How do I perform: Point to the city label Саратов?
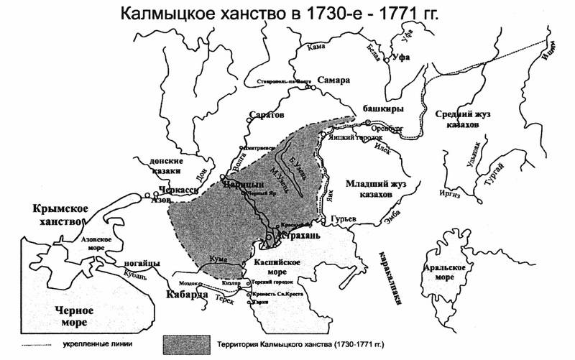(266, 115)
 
